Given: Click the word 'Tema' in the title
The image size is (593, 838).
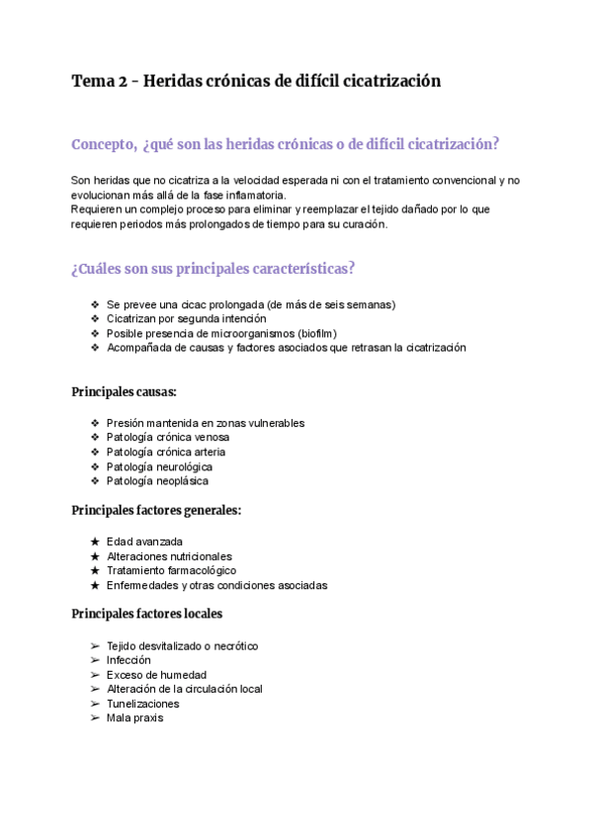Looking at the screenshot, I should (x=91, y=81).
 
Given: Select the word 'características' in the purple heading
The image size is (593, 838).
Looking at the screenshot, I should (x=296, y=269).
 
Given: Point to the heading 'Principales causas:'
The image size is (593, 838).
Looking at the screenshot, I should (x=124, y=391).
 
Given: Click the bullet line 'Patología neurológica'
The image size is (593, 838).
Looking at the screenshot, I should (x=159, y=466).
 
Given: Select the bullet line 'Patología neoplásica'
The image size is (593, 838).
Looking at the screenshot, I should (x=157, y=481).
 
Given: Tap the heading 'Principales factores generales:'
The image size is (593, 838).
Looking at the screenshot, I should (x=156, y=510).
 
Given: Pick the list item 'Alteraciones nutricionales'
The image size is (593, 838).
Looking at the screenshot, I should (x=169, y=556).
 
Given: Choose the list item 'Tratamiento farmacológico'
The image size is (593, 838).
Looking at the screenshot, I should (x=171, y=570).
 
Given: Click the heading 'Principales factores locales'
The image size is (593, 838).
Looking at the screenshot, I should (x=146, y=614).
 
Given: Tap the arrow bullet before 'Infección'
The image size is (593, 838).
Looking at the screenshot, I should (x=95, y=660).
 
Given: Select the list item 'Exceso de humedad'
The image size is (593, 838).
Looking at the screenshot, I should (x=156, y=675).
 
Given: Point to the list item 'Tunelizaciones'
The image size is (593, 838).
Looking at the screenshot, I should (x=143, y=704).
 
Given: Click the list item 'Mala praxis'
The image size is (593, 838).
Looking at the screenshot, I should (x=134, y=718).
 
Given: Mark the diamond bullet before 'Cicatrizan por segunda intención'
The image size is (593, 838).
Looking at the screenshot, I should (x=95, y=319).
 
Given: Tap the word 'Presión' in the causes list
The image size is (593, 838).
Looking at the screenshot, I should (x=126, y=423).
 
